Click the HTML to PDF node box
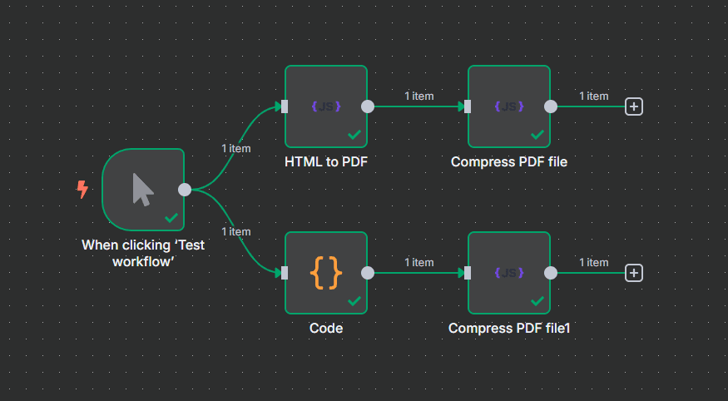pyautogui.click(x=326, y=106)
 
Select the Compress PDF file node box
pyautogui.click(x=509, y=106)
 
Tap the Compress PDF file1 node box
pyautogui.click(x=509, y=273)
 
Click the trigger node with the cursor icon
pyautogui.click(x=143, y=190)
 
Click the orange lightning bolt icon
pyautogui.click(x=82, y=190)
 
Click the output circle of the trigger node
pyautogui.click(x=185, y=190)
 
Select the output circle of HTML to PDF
pyautogui.click(x=368, y=106)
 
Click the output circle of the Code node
pyautogui.click(x=368, y=273)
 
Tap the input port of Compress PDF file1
pyautogui.click(x=468, y=273)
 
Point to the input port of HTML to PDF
pyautogui.click(x=285, y=106)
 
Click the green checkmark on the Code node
pyautogui.click(x=354, y=301)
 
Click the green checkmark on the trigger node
pyautogui.click(x=171, y=218)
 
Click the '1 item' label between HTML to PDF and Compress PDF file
pyautogui.click(x=418, y=96)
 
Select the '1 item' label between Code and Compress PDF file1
pyautogui.click(x=418, y=262)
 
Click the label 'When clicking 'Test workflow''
pyautogui.click(x=143, y=253)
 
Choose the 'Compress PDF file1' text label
pyautogui.click(x=509, y=329)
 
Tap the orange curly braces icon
pyautogui.click(x=326, y=272)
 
